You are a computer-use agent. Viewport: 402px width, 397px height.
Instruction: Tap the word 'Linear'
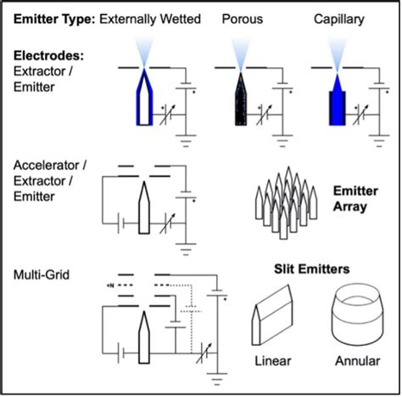pos(272,360)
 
